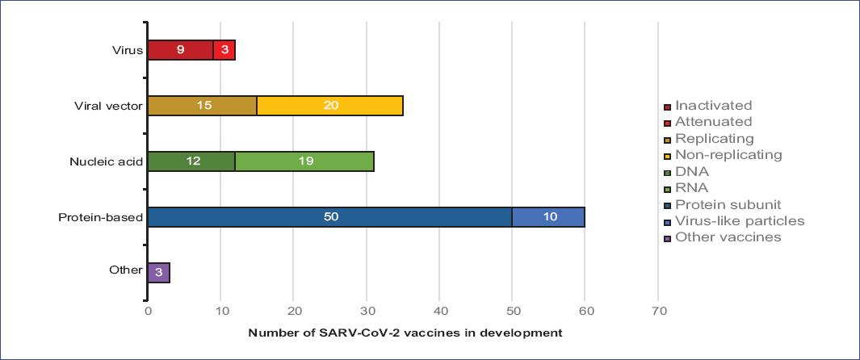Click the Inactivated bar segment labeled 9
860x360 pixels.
pyautogui.click(x=180, y=50)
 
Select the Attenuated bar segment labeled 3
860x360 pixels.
pyautogui.click(x=224, y=50)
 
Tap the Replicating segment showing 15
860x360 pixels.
pyautogui.click(x=202, y=106)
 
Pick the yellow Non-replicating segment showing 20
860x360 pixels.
pyautogui.click(x=329, y=106)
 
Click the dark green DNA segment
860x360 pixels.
pyautogui.click(x=191, y=161)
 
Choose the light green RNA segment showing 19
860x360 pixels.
pyautogui.click(x=304, y=161)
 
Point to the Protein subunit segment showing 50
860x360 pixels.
pyautogui.click(x=329, y=217)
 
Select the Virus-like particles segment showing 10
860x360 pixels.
pyautogui.click(x=548, y=217)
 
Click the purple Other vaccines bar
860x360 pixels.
pyautogui.click(x=158, y=272)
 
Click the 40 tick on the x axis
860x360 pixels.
pyautogui.click(x=439, y=310)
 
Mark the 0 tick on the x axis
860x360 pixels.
pyautogui.click(x=148, y=310)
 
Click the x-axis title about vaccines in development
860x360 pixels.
pyautogui.click(x=405, y=332)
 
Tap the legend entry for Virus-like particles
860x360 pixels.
pyautogui.click(x=734, y=220)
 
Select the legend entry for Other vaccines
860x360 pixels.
pyautogui.click(x=723, y=237)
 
